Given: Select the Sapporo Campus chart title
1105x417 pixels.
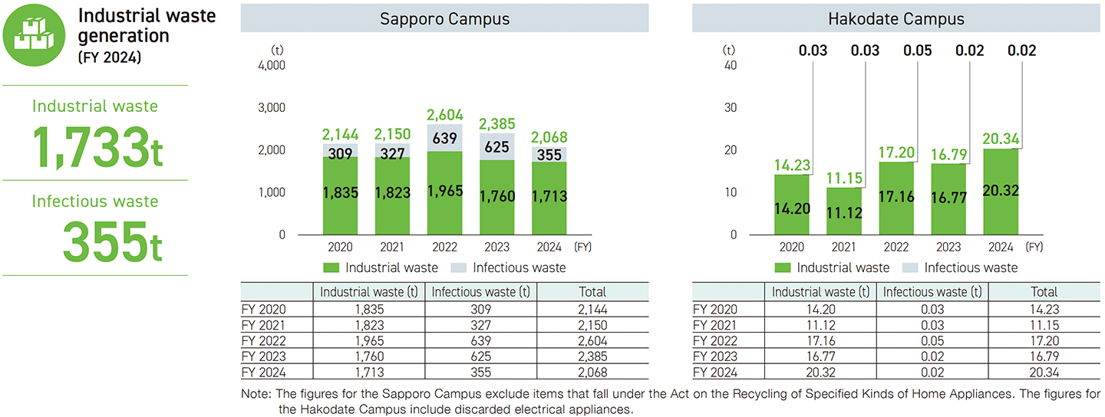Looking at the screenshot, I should click(444, 19).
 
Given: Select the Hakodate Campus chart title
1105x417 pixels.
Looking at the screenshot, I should click(896, 19).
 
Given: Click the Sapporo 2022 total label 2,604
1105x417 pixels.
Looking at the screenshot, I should click(444, 114).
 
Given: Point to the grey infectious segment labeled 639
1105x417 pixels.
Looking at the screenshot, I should click(444, 139).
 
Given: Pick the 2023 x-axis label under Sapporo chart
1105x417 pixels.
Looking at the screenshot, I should click(496, 248).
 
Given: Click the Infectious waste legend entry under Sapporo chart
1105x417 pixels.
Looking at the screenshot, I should click(510, 268).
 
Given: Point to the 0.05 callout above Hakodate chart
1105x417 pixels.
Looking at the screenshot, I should click(918, 51).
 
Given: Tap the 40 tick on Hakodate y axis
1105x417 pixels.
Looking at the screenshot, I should click(730, 65).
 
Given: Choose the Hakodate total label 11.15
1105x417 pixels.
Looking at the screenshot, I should click(844, 178).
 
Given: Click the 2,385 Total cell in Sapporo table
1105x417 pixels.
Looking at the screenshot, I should click(592, 356).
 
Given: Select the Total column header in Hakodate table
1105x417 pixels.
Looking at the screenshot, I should click(1044, 292).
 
